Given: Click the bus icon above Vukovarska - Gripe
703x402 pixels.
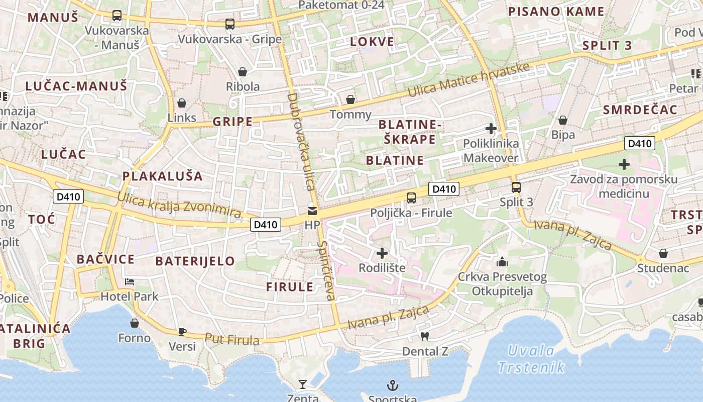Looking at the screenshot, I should click(x=230, y=24).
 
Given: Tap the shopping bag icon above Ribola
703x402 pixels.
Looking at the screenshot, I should click(x=243, y=72).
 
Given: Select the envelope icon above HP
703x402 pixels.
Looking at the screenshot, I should click(x=312, y=211).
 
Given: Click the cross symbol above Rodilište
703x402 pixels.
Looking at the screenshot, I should click(x=382, y=253).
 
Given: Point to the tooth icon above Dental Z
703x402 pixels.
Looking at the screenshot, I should click(x=424, y=336).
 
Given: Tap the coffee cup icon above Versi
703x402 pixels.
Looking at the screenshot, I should click(x=182, y=332).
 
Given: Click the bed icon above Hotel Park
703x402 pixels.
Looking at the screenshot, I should click(x=130, y=282).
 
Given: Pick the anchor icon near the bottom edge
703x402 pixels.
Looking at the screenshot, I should click(x=393, y=385).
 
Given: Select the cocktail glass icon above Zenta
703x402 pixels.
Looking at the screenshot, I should click(x=302, y=385).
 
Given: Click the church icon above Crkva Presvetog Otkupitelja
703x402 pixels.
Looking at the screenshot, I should click(x=502, y=262).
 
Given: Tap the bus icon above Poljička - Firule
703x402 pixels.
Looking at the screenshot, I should click(x=411, y=197).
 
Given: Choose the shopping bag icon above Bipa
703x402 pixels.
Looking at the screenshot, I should click(x=563, y=120).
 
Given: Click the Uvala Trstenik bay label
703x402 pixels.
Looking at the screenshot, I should click(x=531, y=359).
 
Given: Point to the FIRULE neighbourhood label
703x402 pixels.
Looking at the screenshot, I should click(x=290, y=287).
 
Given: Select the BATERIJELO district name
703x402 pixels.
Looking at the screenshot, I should click(x=195, y=261).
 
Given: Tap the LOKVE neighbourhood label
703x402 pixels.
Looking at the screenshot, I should click(x=372, y=41).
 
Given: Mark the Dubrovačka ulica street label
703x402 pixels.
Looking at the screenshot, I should click(x=302, y=141).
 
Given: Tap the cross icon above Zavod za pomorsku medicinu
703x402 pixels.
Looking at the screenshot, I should click(x=624, y=164).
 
